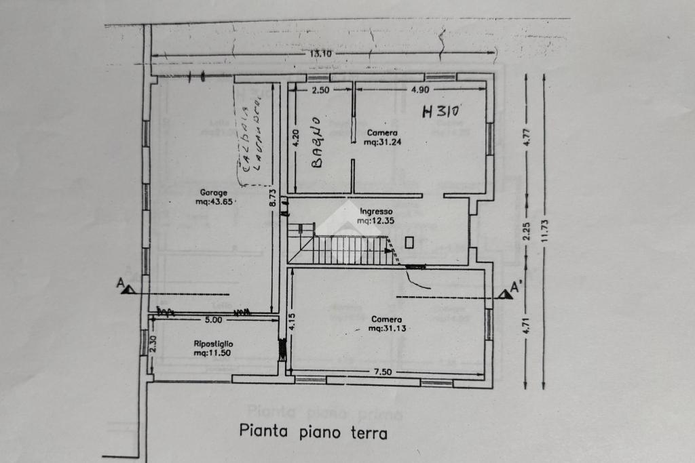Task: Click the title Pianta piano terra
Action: (313, 432)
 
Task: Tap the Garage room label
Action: (213, 193)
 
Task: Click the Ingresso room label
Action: (376, 211)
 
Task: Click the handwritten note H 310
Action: (441, 112)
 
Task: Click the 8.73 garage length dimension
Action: (272, 201)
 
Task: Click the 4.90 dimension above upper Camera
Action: (420, 89)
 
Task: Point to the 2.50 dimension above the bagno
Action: (320, 89)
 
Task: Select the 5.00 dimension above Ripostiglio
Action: (213, 319)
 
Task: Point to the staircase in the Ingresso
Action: (346, 248)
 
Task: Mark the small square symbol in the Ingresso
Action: (409, 242)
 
